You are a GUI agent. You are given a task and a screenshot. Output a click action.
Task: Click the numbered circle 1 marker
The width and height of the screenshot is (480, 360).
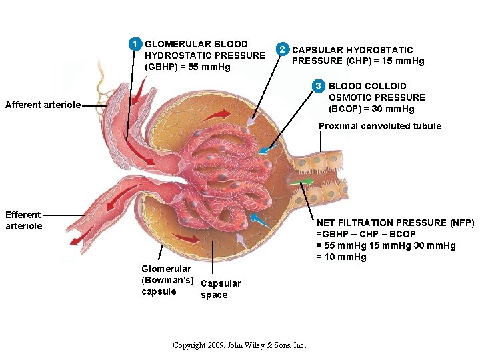135,45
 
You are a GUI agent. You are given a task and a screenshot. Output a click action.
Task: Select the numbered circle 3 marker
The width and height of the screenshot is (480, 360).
319,86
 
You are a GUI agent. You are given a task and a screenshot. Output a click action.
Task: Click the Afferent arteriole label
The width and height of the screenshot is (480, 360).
43,105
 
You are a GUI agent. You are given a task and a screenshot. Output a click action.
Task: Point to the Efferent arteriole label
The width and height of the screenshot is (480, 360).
24,220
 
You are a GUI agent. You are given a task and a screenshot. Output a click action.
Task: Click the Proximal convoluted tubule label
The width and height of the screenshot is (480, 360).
379,126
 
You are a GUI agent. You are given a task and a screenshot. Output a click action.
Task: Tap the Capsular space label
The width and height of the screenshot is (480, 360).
221,289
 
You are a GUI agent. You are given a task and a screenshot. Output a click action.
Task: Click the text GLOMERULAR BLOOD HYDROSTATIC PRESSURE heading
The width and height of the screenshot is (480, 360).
204,49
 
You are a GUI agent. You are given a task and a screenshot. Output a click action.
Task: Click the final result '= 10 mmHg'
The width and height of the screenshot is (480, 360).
341,257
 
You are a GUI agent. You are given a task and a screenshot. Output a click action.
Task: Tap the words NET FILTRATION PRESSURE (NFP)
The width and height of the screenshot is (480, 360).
395,223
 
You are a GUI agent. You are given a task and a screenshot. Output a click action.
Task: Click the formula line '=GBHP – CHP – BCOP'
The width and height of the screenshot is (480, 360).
366,234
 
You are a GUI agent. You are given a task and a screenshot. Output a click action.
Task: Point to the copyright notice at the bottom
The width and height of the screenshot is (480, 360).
239,345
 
